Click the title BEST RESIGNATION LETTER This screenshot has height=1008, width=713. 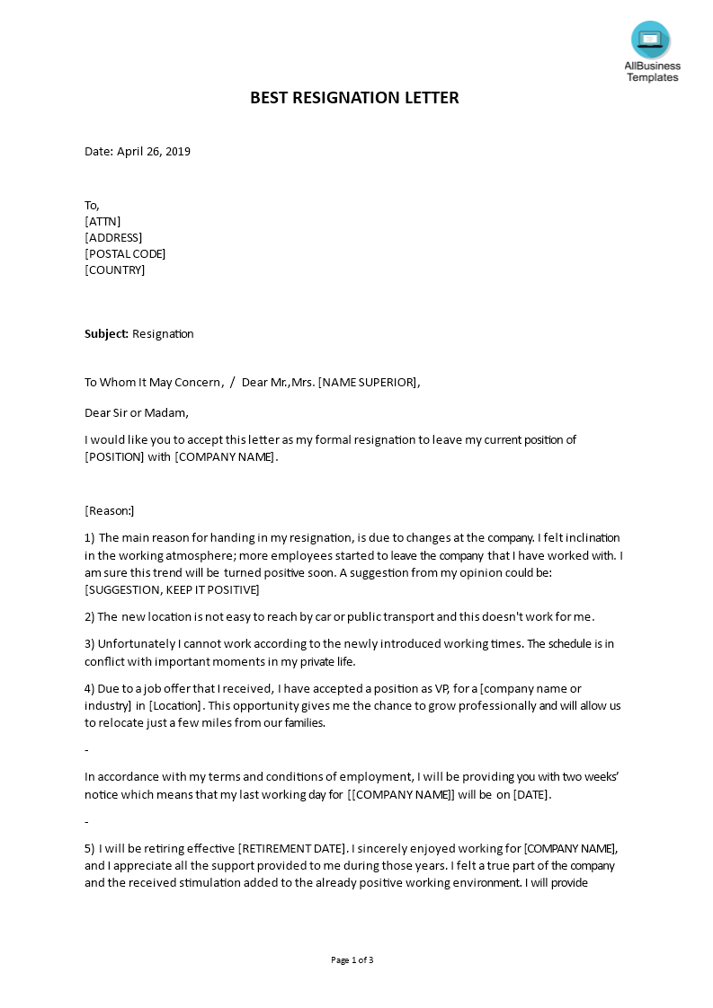tap(354, 98)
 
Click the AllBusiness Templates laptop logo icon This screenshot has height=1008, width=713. tap(650, 40)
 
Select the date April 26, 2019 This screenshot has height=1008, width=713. tap(154, 152)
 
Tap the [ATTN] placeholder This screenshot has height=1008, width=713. tap(102, 222)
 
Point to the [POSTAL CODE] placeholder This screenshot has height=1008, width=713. tap(125, 254)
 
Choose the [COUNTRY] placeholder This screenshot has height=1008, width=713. tap(114, 270)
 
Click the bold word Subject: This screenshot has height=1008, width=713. tap(106, 334)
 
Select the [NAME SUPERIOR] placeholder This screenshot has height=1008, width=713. tap(368, 383)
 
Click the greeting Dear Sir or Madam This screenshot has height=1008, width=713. tap(137, 413)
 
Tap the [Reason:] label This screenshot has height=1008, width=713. tap(109, 511)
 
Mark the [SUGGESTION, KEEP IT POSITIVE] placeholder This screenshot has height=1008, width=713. tap(172, 590)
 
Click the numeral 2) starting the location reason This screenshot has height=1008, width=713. tap(90, 617)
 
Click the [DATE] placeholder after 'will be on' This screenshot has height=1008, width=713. tap(530, 795)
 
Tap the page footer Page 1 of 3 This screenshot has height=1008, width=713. tap(352, 960)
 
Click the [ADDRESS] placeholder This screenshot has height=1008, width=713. tap(113, 238)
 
